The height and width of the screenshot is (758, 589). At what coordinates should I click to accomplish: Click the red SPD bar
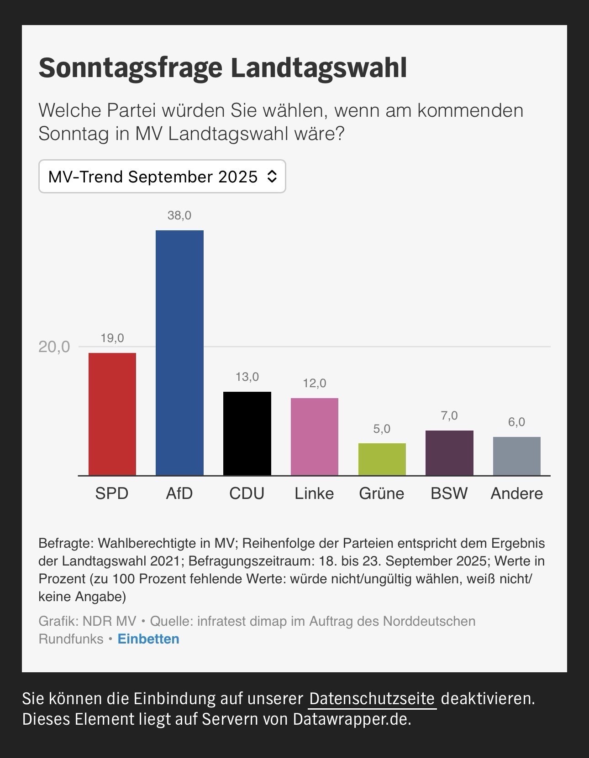pos(112,414)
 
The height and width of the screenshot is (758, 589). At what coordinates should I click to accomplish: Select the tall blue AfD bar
pos(179,353)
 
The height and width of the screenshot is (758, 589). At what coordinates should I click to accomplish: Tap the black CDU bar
pos(247,433)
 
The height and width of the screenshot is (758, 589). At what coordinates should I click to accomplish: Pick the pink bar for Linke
pos(315,436)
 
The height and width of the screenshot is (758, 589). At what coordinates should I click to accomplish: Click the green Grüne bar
pos(382,459)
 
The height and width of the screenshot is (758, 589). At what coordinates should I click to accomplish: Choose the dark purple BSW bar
pos(449,452)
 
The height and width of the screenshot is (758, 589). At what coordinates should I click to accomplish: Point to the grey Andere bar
pos(516,456)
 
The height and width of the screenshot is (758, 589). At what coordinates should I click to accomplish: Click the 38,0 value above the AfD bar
pos(179,215)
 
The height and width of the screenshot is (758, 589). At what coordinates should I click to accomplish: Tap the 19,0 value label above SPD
pos(112,338)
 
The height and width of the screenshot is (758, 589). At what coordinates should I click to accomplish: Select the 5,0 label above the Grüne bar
pos(382,429)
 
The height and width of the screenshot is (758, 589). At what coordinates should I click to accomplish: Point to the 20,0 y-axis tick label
pos(54,347)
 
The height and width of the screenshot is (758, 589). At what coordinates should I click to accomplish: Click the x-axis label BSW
pos(449,493)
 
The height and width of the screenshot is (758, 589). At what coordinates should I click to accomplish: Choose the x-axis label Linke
pos(314,493)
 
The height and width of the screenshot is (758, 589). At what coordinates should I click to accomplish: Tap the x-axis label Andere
pos(516,493)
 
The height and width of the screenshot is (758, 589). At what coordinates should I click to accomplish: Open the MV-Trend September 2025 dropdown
pos(162,177)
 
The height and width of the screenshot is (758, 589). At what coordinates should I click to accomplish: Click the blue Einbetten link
pos(148,639)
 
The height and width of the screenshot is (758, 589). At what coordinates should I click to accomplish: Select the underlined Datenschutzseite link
pos(372,699)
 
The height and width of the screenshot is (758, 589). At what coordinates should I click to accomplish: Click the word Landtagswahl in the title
pos(319,67)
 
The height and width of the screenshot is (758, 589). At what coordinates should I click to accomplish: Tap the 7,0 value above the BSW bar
pos(449,415)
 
